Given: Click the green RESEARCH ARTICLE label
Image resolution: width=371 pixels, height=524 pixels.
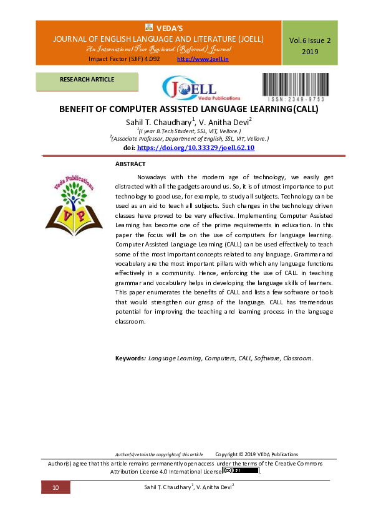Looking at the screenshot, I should tap(87, 80).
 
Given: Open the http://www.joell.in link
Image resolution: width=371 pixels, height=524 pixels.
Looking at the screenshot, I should tap(203, 58).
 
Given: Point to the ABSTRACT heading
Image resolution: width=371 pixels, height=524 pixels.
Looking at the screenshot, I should tap(130, 164).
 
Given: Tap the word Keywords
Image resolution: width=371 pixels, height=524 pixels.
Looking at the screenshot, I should tap(130, 358).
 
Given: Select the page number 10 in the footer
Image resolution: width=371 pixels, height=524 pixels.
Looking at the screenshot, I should tap(55, 487).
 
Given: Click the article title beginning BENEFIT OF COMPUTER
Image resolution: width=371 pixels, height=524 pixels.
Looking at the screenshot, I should tap(188, 109).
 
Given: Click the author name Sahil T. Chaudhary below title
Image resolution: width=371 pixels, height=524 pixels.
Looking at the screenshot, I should tap(160, 122).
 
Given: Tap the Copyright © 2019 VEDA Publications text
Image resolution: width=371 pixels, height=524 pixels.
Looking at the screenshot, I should tap(256, 454).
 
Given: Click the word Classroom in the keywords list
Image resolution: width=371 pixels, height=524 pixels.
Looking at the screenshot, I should tap(297, 358).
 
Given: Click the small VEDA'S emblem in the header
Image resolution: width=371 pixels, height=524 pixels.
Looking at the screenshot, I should tap(149, 27).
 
